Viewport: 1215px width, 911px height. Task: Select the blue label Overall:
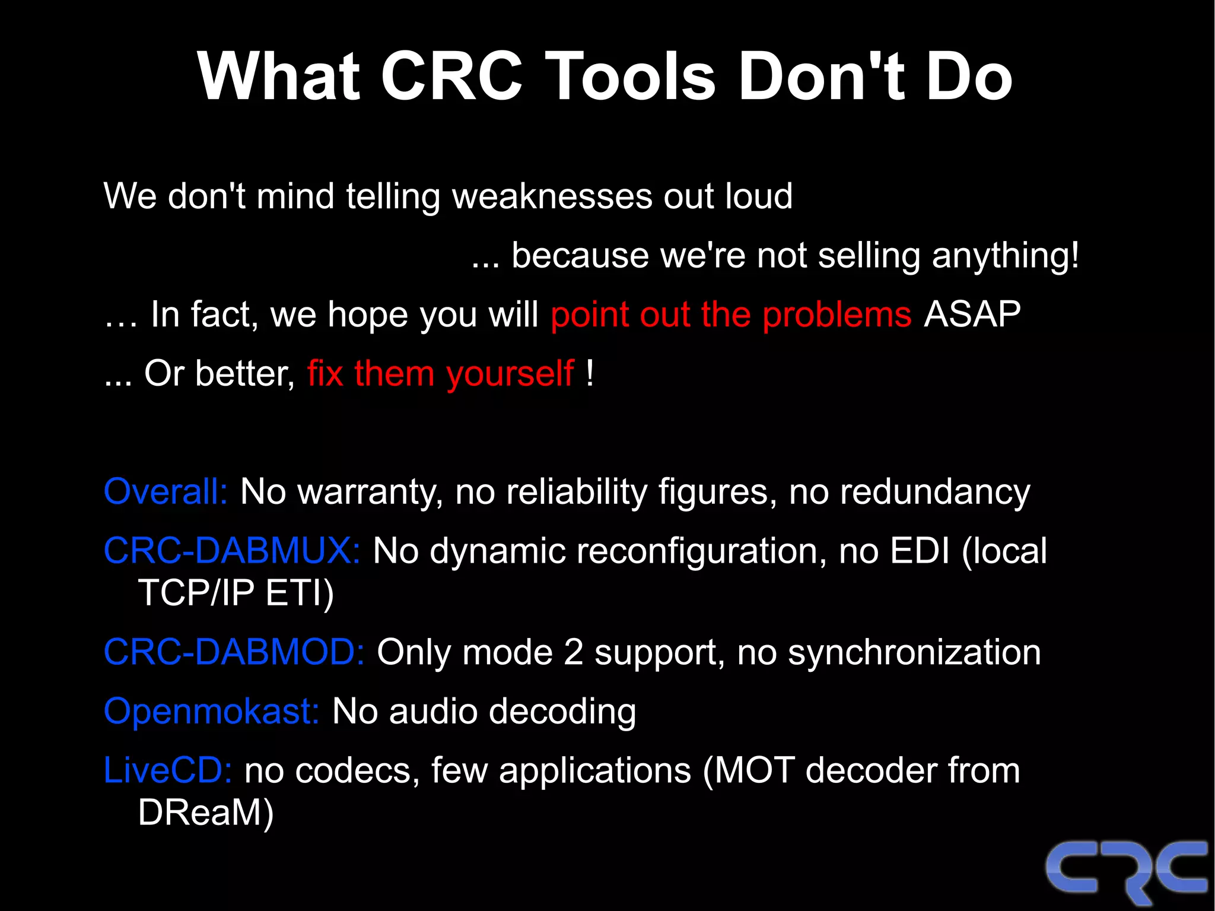[x=166, y=492]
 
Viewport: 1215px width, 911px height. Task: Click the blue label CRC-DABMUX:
[x=232, y=551]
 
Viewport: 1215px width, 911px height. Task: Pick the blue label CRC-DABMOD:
[x=234, y=652]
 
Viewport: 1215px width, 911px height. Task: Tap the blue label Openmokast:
[x=212, y=711]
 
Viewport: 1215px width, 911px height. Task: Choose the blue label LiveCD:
[x=167, y=770]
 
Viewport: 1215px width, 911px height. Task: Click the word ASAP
[x=972, y=314]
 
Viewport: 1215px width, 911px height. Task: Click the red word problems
[x=836, y=315]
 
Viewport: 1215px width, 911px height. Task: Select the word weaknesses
[x=551, y=196]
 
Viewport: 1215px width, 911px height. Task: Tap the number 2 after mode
[x=573, y=652]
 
